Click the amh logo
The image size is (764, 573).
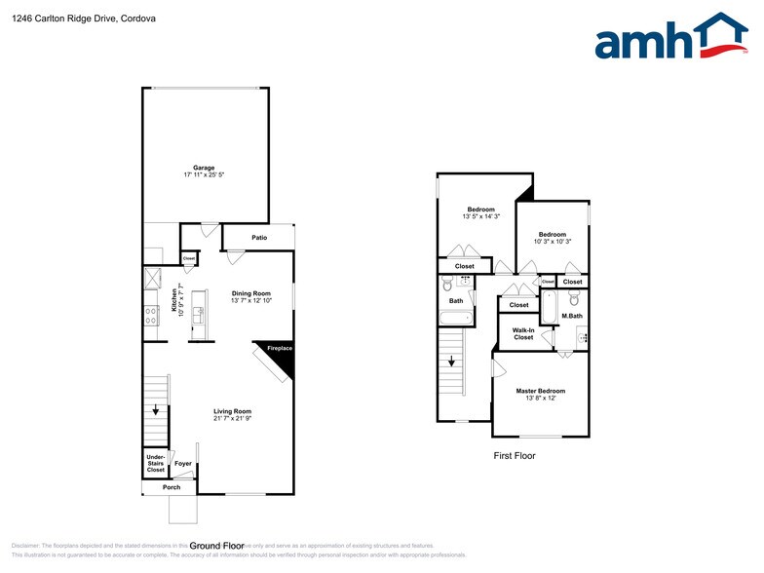(x=671, y=38)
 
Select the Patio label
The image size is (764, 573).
(x=259, y=237)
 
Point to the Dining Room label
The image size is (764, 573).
(x=250, y=293)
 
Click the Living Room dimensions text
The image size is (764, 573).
(x=233, y=418)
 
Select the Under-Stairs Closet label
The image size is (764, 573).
(x=155, y=463)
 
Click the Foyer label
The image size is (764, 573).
(x=182, y=463)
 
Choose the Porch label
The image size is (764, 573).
(x=172, y=487)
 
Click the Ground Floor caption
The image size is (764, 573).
(x=216, y=546)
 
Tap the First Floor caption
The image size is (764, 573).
(x=514, y=455)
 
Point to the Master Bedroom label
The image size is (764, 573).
(x=540, y=391)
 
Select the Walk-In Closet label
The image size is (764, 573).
(x=523, y=333)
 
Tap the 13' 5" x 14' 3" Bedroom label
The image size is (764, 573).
(x=481, y=210)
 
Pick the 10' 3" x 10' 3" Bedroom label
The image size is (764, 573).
(x=553, y=234)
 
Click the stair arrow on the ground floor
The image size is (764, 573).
(x=155, y=409)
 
